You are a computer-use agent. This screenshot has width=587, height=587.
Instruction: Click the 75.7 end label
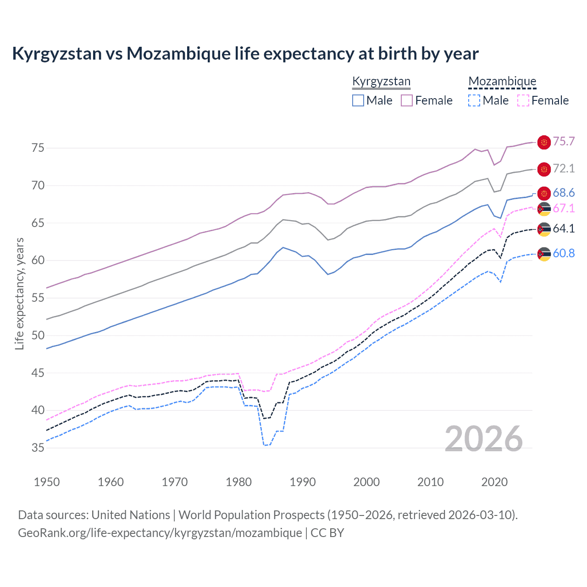[564, 141]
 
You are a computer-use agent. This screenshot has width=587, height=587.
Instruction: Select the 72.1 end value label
[564, 168]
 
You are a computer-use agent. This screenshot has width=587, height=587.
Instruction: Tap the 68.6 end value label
[564, 193]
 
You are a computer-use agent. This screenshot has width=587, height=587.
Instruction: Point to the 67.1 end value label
[564, 208]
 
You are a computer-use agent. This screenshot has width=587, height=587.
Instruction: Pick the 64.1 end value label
[564, 228]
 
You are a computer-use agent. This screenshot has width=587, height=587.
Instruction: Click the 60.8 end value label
[564, 253]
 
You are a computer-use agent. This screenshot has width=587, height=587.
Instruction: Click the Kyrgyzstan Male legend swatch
[358, 100]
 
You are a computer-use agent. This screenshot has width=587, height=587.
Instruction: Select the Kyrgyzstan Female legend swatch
[407, 100]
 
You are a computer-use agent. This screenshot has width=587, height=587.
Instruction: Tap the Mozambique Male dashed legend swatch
[474, 100]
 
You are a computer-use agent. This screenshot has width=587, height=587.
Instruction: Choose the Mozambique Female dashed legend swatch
[523, 100]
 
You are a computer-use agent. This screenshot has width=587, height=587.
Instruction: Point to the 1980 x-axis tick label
[239, 482]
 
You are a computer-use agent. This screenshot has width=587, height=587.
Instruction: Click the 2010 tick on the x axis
[430, 482]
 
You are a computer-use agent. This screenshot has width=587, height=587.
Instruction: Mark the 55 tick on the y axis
[38, 298]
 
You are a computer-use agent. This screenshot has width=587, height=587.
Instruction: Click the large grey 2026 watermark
[483, 439]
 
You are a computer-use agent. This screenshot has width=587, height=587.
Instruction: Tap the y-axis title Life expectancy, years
[19, 294]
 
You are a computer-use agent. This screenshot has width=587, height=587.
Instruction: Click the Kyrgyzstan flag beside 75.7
[544, 143]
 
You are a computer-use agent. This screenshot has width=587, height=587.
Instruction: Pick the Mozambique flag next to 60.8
[544, 254]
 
